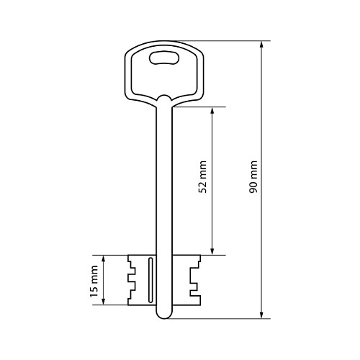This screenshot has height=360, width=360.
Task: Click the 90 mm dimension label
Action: point(253,177)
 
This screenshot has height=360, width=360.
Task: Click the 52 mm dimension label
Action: point(203,177)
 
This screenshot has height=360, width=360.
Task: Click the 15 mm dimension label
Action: point(94,281)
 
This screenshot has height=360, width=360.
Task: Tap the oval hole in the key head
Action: point(164,58)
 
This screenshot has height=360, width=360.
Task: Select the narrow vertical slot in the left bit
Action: point(150,280)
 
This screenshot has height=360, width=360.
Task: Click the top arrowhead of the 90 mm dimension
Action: point(261,45)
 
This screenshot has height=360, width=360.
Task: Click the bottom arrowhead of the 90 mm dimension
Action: point(261,315)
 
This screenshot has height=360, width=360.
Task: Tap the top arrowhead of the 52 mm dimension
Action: point(212,111)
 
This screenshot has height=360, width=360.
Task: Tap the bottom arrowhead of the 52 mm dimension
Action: point(212,251)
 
